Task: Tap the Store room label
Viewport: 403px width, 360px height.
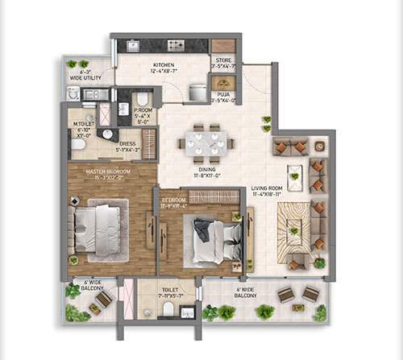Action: click(223, 63)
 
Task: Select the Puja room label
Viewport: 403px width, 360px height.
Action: click(222, 97)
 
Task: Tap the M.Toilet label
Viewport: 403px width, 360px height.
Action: click(82, 126)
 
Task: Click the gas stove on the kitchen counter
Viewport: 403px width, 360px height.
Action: click(175, 45)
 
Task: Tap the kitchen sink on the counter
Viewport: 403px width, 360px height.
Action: click(133, 46)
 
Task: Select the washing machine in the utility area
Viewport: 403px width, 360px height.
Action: click(75, 94)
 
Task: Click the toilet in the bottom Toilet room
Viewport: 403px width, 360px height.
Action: click(168, 308)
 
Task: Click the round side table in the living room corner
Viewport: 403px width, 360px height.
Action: click(319, 146)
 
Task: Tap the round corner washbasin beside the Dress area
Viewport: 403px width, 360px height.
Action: click(107, 134)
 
